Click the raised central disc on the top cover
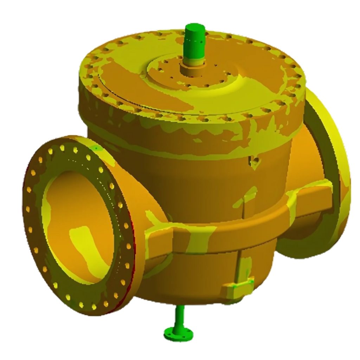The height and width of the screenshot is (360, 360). pyautogui.click(x=183, y=76)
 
